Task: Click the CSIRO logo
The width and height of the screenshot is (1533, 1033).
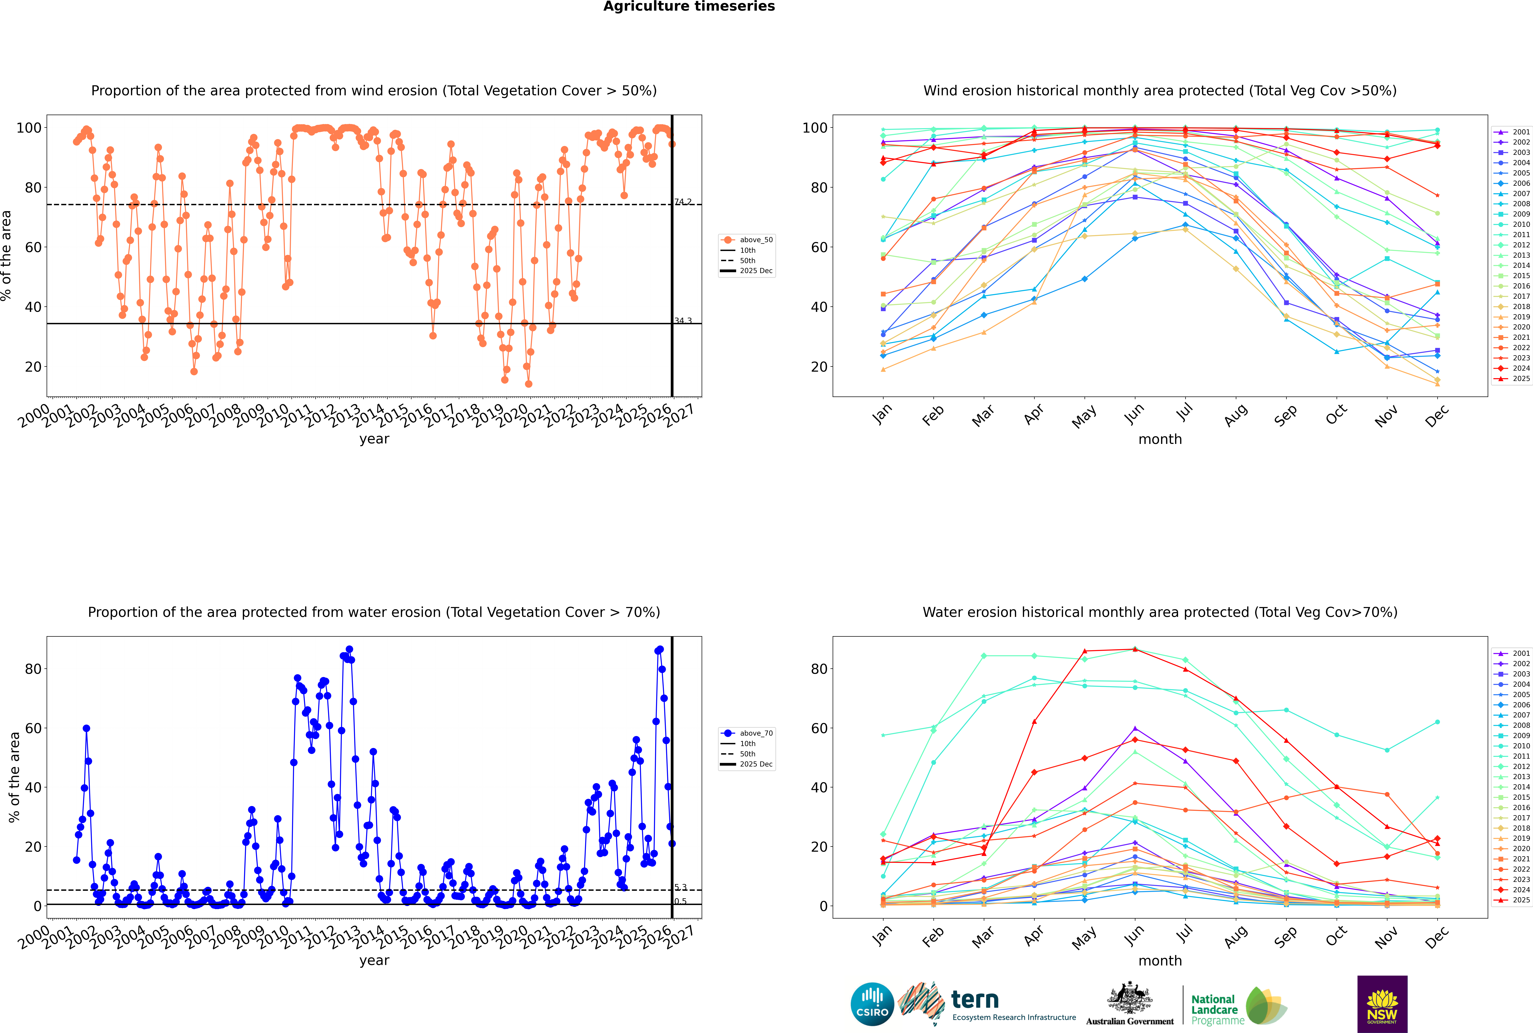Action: click(872, 1004)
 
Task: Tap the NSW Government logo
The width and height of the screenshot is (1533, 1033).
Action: click(1382, 1003)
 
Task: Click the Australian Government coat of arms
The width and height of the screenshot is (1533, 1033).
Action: click(1130, 1000)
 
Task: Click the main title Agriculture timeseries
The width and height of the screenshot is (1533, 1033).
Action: click(689, 7)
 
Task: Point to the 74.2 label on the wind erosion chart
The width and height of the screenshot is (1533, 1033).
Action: click(683, 202)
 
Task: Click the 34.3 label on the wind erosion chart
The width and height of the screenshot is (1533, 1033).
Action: click(683, 321)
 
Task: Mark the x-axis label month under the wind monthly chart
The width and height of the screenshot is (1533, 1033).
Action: click(1160, 439)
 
